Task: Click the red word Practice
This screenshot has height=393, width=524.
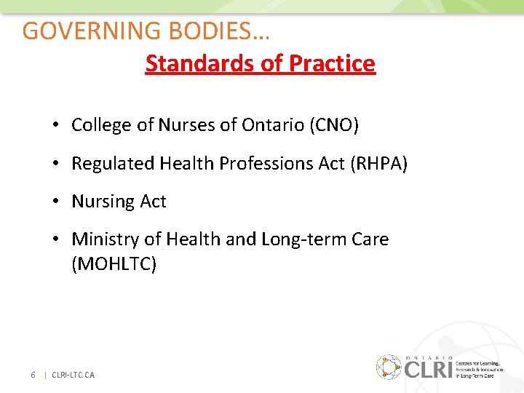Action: (332, 64)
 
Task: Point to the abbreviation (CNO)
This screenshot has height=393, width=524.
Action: (334, 125)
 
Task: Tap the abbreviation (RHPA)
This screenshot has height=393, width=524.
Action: (379, 164)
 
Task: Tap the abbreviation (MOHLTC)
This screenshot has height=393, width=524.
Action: (114, 264)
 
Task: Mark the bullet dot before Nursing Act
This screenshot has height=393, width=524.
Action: (55, 202)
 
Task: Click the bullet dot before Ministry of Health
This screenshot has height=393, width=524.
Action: (55, 239)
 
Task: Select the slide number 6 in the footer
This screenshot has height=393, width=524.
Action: (33, 375)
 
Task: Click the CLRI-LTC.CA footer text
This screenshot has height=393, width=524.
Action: (73, 375)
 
